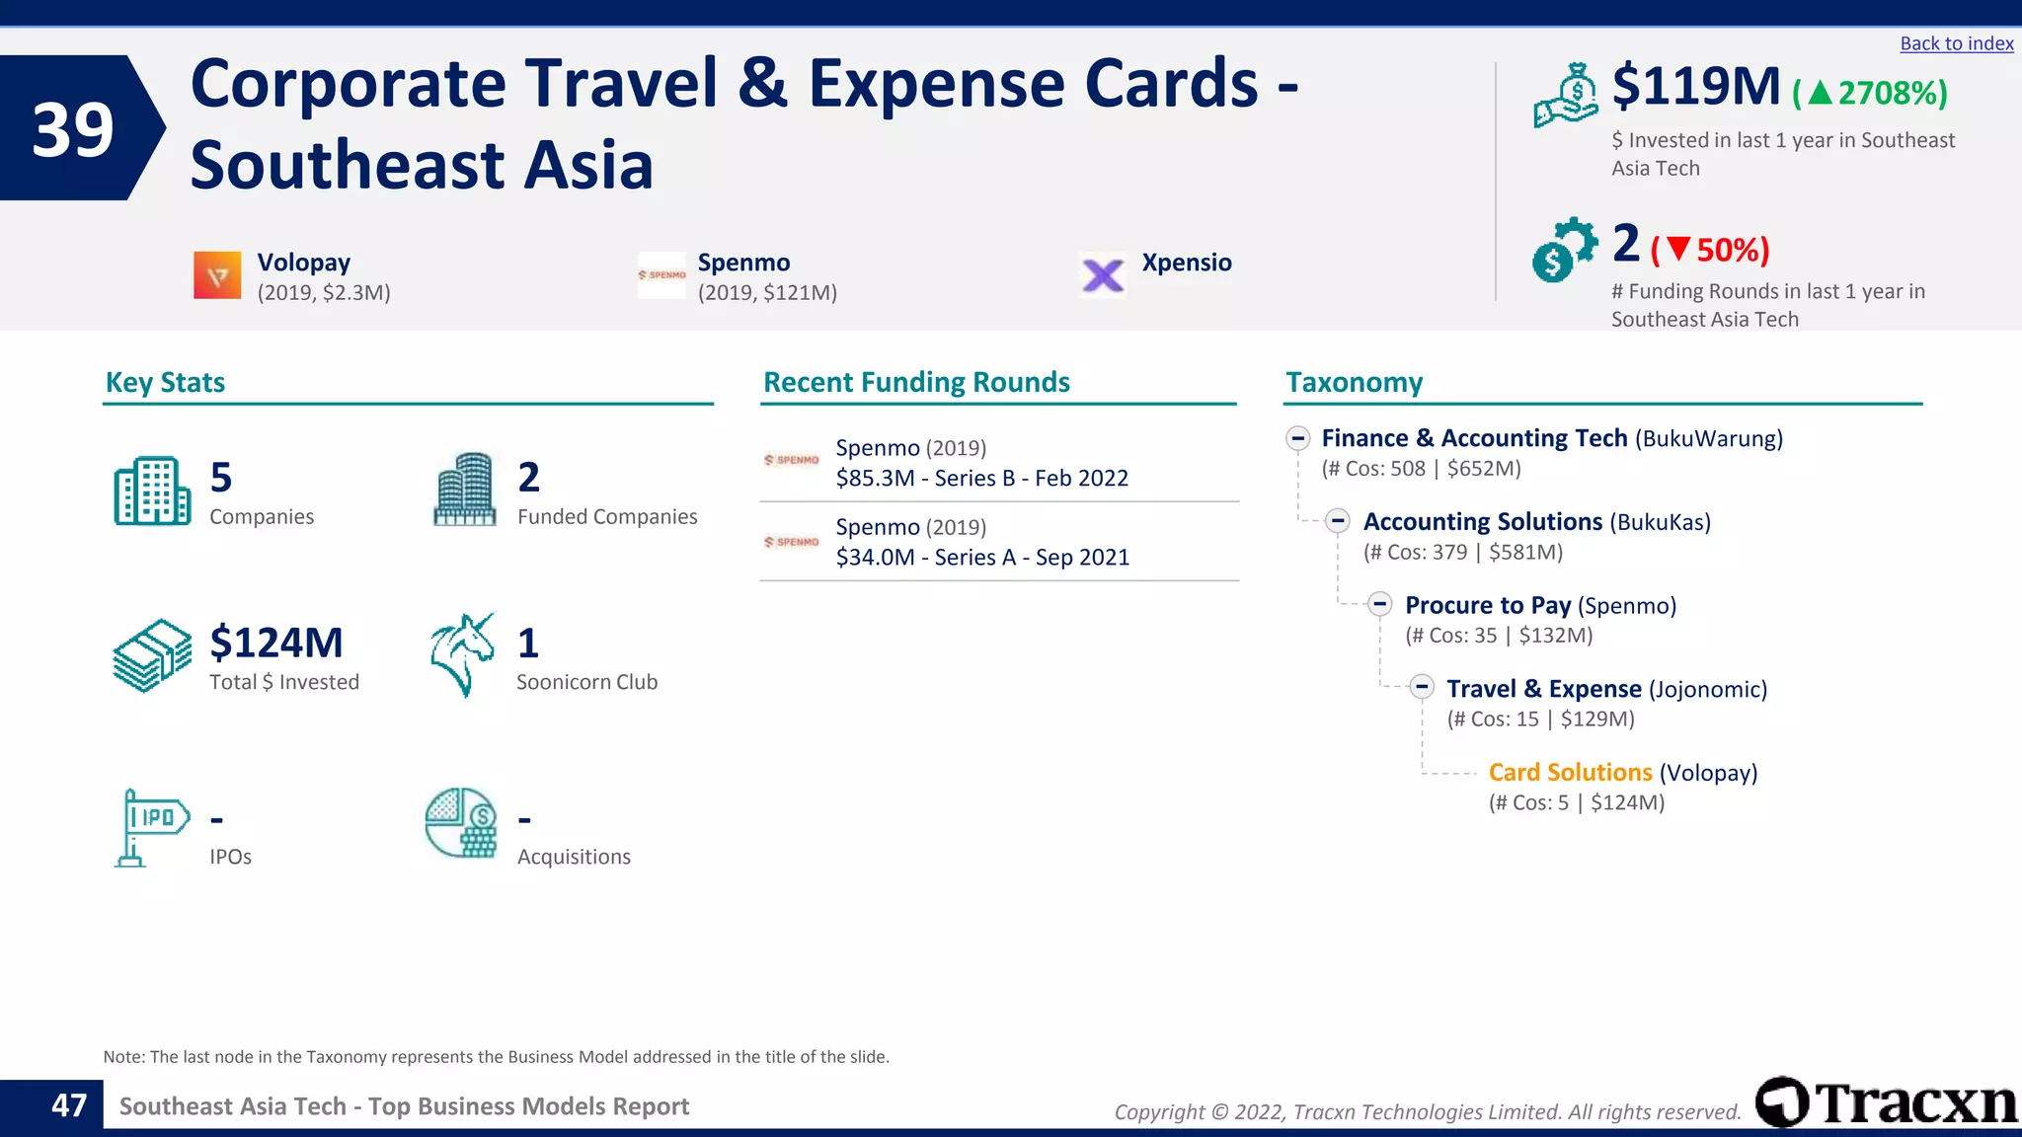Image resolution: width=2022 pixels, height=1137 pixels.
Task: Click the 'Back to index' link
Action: [1956, 43]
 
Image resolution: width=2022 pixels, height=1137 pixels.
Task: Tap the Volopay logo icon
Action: [217, 275]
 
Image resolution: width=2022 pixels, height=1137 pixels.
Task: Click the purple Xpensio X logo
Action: [1103, 275]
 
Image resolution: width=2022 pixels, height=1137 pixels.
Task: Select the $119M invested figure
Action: [1695, 87]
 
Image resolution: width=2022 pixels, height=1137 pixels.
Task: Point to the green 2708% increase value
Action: [1870, 93]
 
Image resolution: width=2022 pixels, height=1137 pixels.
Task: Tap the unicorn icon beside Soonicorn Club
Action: [462, 654]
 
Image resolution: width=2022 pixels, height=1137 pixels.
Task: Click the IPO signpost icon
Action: [151, 827]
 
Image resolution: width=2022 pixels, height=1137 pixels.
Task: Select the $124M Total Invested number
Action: [276, 643]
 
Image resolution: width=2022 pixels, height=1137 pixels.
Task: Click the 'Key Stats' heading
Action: [165, 382]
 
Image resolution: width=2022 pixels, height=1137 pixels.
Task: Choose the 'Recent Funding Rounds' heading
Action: [916, 382]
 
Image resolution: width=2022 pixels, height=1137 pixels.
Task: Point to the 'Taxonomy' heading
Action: [1354, 382]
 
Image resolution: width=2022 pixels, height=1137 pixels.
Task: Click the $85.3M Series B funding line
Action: [981, 478]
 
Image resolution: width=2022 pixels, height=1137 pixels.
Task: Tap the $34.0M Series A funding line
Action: [982, 557]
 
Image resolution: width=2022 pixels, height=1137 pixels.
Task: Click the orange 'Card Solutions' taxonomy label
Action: [1570, 772]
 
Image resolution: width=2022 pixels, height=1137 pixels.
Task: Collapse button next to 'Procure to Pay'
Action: [1380, 604]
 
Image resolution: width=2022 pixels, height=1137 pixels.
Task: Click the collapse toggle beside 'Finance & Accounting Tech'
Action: [1298, 437]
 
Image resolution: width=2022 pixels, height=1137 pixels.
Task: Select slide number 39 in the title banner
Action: [73, 129]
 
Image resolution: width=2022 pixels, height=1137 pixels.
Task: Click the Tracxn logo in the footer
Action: [1886, 1102]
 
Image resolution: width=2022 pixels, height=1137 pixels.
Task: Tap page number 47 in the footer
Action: [69, 1105]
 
